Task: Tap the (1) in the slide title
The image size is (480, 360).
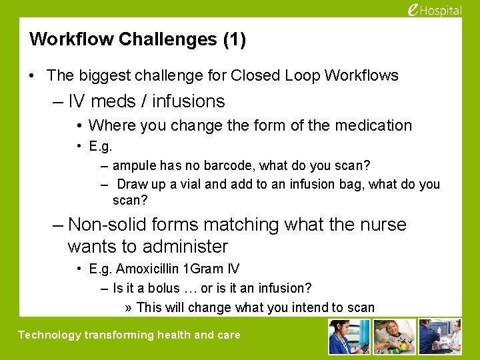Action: [233, 39]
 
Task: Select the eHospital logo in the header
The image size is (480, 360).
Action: [433, 10]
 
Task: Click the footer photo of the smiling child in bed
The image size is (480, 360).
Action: [394, 337]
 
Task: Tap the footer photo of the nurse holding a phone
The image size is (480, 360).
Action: [349, 337]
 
